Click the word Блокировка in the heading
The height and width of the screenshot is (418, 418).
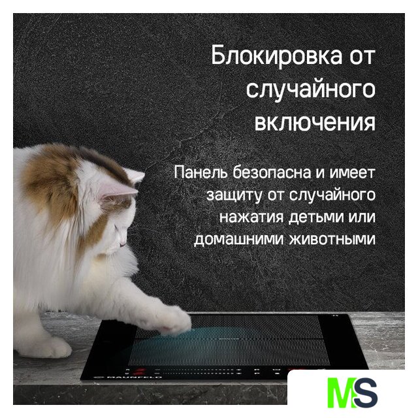(x=276, y=56)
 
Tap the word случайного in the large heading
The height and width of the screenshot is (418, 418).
(x=311, y=89)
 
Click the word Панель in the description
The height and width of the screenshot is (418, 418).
(x=201, y=172)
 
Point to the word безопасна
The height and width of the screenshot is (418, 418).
(x=272, y=172)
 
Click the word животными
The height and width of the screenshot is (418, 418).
(x=332, y=239)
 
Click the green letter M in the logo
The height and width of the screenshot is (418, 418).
(x=342, y=393)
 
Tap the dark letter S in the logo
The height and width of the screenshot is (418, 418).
(x=366, y=392)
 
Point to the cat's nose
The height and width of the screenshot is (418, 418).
(x=123, y=244)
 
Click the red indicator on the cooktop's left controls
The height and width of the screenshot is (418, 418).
(x=139, y=371)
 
